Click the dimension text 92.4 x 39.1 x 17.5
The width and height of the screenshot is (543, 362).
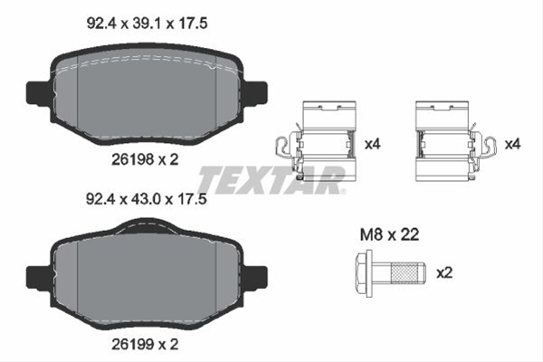tap(147, 24)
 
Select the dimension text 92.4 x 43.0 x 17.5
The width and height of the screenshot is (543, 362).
tap(147, 199)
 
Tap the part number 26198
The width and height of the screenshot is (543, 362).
tap(132, 159)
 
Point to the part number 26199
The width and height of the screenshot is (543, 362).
tap(132, 344)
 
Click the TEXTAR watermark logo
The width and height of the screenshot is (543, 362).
tap(271, 180)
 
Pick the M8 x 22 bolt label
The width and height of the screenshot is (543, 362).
tap(389, 234)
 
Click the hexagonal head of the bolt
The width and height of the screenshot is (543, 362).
tap(364, 273)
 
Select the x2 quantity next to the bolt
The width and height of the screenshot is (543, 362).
tap(444, 273)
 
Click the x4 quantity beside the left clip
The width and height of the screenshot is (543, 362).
tap(373, 144)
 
